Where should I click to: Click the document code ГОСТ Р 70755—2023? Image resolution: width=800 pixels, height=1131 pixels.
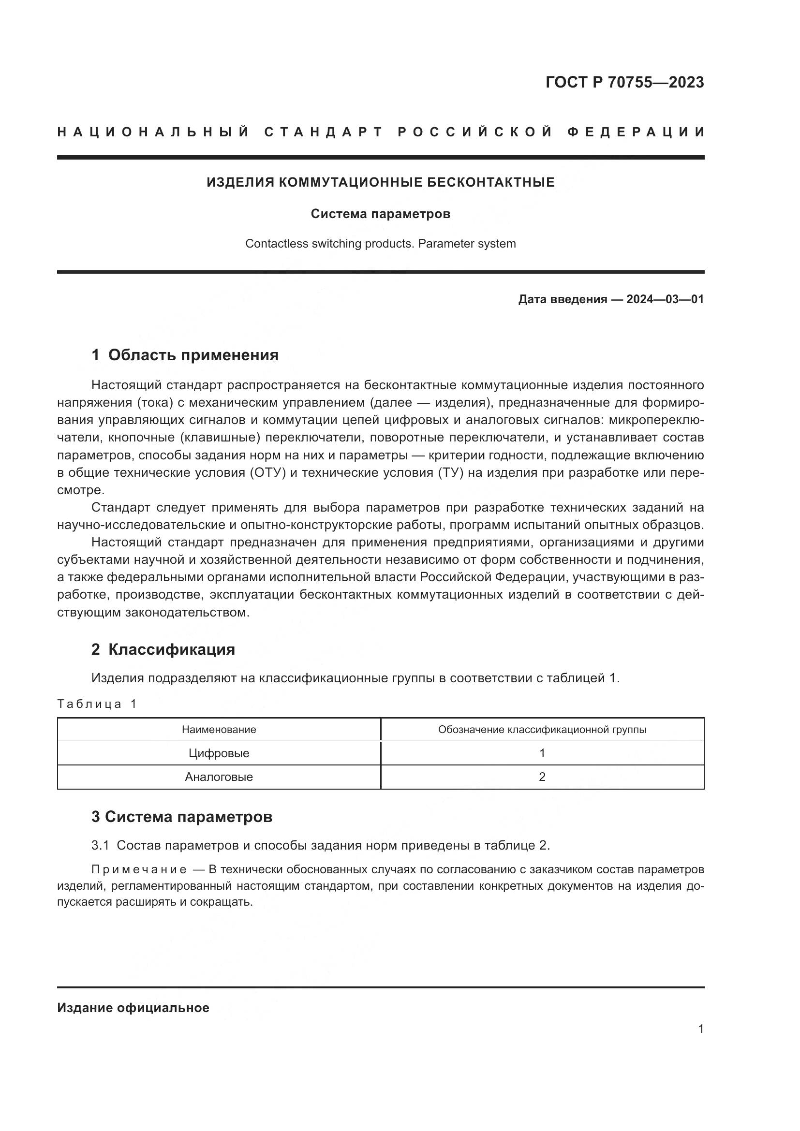[x=624, y=82]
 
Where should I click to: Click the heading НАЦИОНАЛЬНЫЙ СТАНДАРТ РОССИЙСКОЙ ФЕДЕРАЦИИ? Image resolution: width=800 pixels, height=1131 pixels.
[x=381, y=132]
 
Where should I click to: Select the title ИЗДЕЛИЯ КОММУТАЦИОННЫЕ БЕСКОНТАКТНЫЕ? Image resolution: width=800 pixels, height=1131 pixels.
[x=380, y=183]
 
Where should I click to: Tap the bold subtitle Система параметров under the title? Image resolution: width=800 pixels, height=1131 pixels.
[x=380, y=214]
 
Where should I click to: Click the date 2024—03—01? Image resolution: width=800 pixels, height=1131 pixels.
[x=665, y=299]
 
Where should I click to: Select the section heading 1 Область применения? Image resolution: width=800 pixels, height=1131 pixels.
[x=185, y=355]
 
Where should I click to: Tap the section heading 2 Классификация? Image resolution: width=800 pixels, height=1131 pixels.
[x=163, y=649]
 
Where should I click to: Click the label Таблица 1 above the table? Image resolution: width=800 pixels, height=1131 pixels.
[x=97, y=704]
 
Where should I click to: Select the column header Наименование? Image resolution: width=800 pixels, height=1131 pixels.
[x=219, y=730]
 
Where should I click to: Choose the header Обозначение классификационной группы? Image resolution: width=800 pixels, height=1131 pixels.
[x=542, y=730]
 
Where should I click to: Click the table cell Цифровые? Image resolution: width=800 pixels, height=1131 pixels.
[x=219, y=753]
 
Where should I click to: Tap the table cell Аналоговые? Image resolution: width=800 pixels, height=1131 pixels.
[x=219, y=777]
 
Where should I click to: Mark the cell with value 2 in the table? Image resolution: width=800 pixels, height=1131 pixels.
[x=542, y=777]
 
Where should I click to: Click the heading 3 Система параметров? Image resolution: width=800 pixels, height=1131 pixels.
[x=182, y=817]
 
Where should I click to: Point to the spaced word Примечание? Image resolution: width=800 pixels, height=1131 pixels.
[x=139, y=869]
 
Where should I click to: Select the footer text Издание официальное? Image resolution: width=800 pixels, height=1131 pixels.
[x=133, y=1008]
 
